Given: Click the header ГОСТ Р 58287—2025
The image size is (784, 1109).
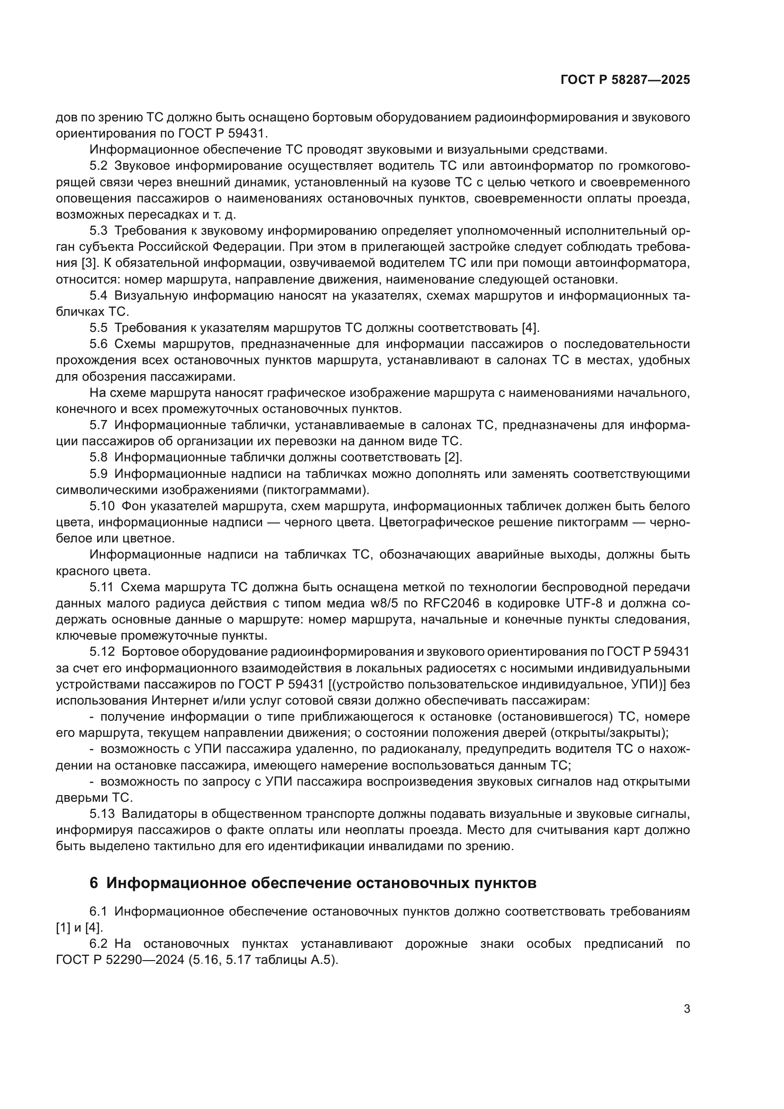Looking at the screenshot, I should [625, 80].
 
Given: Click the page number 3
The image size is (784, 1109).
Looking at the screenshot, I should [686, 1009].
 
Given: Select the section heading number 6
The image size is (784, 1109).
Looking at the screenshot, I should [94, 883].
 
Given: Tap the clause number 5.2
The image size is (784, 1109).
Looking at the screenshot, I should [99, 166].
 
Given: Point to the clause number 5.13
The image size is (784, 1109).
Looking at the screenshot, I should [102, 814].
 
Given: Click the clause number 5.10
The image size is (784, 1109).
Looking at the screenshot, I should [102, 506].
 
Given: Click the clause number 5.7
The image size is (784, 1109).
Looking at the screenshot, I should [99, 425].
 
